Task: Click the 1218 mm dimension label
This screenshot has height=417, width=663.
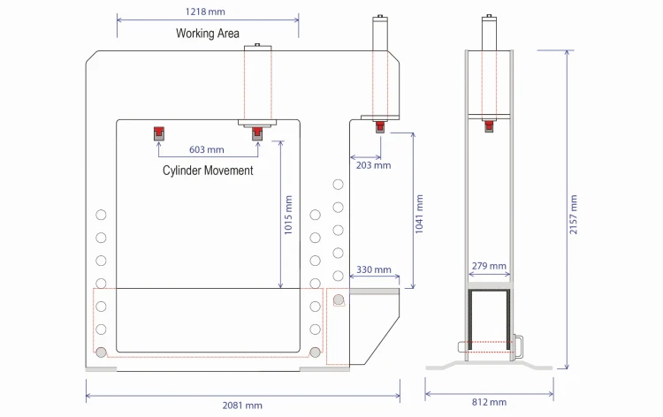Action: [205, 11]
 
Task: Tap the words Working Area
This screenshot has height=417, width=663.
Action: [208, 34]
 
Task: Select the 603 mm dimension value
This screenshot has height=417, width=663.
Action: [207, 149]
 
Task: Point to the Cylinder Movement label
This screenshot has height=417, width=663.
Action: [208, 171]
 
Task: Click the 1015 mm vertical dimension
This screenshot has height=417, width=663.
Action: [288, 215]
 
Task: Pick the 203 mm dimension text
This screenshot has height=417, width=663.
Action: [373, 165]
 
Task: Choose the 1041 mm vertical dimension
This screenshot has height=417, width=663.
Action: [419, 214]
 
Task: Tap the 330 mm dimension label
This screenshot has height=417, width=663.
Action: [374, 269]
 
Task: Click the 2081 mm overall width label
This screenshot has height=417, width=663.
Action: [242, 406]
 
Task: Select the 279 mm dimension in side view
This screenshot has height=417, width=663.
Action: [489, 266]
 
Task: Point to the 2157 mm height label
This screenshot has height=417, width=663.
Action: [574, 214]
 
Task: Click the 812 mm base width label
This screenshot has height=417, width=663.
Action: [489, 402]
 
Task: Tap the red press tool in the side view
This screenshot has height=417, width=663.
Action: [489, 126]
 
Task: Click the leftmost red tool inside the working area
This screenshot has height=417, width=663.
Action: [158, 133]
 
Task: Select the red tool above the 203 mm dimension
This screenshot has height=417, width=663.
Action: [380, 126]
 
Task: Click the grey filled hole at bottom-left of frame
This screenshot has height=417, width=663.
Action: [101, 352]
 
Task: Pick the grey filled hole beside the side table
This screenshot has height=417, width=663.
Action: [339, 299]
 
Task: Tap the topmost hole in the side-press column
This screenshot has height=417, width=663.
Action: [339, 185]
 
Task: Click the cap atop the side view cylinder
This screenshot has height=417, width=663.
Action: [489, 16]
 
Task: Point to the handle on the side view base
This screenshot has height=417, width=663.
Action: [518, 347]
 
